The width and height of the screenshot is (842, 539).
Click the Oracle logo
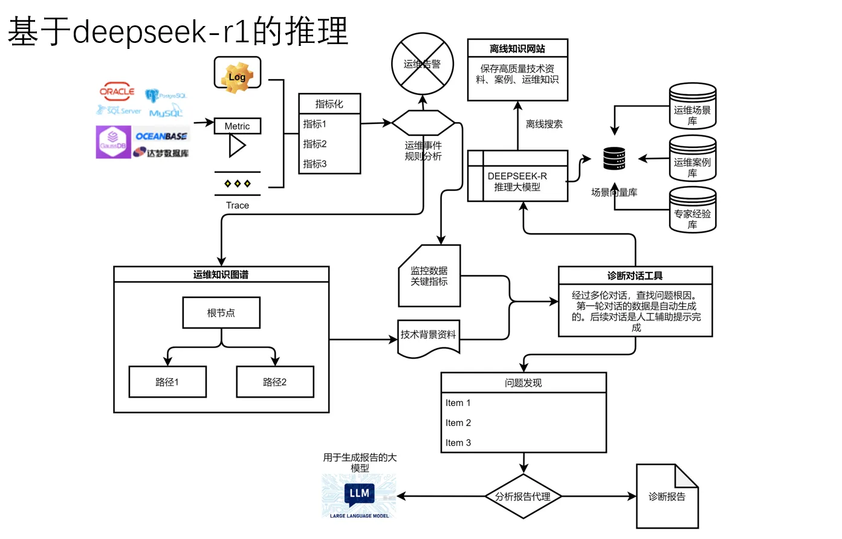pos(117,92)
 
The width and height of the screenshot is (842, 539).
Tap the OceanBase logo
pos(161,136)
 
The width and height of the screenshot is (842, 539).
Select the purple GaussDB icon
pos(113,142)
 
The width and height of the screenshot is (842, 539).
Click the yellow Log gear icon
pos(237,76)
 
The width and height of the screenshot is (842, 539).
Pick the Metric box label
pos(237,126)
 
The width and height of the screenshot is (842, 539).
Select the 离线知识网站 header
pos(517,48)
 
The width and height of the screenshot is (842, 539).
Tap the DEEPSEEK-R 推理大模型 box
pos(517,181)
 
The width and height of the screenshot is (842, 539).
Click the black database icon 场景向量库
pos(614,159)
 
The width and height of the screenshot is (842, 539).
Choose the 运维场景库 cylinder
pos(692,107)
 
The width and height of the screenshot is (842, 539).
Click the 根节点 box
pos(221,312)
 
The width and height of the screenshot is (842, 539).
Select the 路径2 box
pos(275,382)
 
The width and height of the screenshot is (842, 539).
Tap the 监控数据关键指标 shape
pos(429,276)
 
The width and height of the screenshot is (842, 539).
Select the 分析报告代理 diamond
pos(523,496)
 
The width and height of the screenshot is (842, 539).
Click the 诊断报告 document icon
pos(667,496)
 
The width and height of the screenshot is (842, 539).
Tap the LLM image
pos(359,496)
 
